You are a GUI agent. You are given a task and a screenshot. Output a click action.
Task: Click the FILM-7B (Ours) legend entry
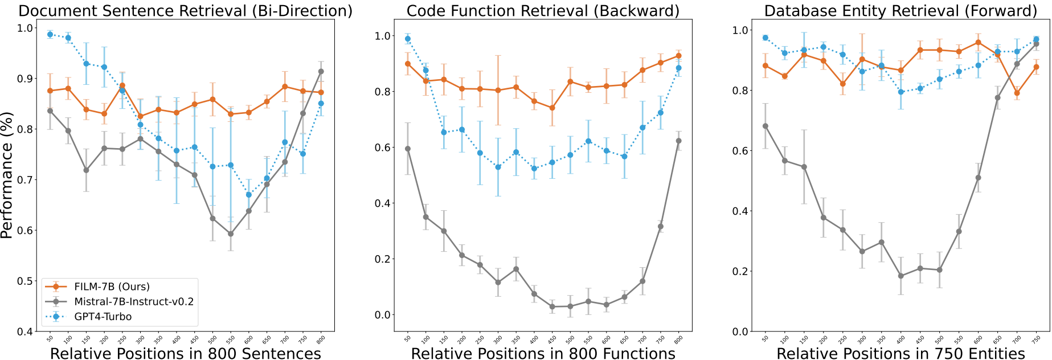point(112,287)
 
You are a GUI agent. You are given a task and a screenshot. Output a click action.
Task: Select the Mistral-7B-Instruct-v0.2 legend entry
point(134,301)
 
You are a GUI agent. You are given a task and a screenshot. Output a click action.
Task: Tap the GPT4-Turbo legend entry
point(103,317)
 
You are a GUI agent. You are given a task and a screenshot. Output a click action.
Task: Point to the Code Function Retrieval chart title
point(543,11)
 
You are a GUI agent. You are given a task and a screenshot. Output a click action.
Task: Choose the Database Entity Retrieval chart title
point(900,11)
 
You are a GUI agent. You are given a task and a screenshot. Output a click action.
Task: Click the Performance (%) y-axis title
point(7,175)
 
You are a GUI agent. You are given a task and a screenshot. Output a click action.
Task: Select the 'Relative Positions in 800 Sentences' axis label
point(186,353)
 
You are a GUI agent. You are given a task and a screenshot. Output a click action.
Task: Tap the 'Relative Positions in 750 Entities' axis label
point(900,353)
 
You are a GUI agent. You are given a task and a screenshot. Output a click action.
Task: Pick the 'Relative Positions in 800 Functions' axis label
point(543,353)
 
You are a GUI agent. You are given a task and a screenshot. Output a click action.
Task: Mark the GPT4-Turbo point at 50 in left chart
point(50,35)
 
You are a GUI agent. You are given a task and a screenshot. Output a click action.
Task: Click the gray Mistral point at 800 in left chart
point(321,71)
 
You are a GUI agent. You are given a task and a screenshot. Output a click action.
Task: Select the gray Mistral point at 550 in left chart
point(231,234)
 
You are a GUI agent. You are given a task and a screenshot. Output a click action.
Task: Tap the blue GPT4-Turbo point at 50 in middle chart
point(407,39)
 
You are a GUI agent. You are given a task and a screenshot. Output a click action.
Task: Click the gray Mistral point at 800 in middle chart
point(678,141)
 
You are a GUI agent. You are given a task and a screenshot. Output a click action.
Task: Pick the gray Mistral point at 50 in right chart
point(766,126)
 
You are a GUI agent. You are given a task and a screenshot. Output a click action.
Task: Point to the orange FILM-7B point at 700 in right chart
point(1017,93)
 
